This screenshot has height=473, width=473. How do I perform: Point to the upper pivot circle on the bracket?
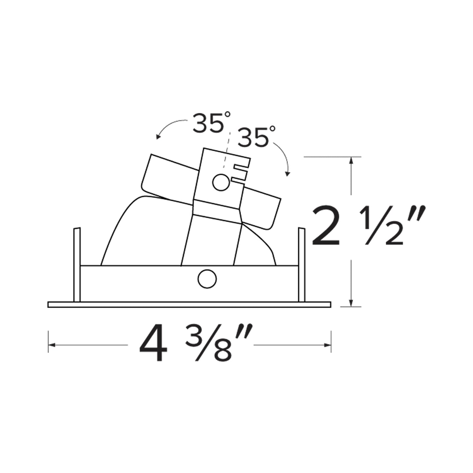coord(220,182)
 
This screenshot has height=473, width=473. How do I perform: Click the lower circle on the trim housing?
coord(207,279)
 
